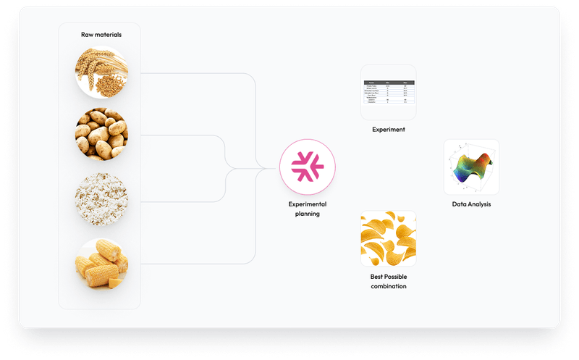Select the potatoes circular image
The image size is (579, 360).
(x=101, y=135)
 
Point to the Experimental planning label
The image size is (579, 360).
(x=308, y=209)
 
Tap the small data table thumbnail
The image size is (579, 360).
(x=388, y=93)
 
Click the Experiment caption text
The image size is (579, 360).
(x=388, y=130)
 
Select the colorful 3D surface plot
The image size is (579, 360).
(x=471, y=167)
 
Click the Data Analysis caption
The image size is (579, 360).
(x=471, y=204)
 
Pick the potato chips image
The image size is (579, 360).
(x=388, y=238)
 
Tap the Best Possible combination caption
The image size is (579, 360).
(x=388, y=281)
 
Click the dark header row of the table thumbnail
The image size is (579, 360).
(x=388, y=83)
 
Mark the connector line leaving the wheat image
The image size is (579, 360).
(x=188, y=73)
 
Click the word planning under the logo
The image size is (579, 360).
(x=308, y=214)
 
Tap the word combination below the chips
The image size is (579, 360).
(x=388, y=286)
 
